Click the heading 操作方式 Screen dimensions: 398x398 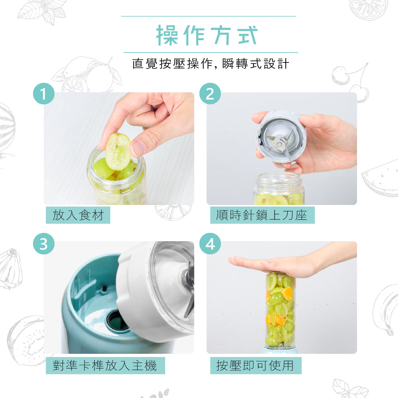tap(207, 35)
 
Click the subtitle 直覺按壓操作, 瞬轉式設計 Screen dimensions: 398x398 tap(211, 63)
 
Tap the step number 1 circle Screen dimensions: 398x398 tap(44, 94)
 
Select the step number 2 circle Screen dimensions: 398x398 tap(210, 94)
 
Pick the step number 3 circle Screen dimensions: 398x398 tap(44, 244)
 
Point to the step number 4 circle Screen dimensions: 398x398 tap(210, 244)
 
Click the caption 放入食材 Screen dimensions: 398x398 tap(78, 215)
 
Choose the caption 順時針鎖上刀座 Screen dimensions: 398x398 tap(262, 215)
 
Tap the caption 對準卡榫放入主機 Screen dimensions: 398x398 tap(105, 365)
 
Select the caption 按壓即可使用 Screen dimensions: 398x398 tap(255, 365)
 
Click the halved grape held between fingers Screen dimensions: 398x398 tap(118, 152)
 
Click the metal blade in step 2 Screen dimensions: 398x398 tap(280, 144)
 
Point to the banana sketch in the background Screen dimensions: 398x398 tap(386, 310)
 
